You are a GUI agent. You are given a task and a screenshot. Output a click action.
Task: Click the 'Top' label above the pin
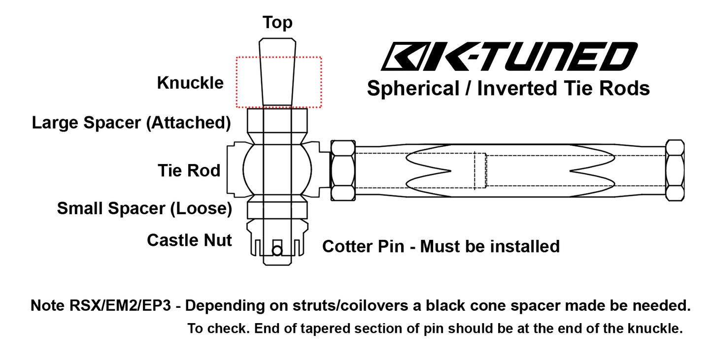(x=277, y=23)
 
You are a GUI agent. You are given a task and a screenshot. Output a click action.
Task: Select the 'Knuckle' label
(x=190, y=83)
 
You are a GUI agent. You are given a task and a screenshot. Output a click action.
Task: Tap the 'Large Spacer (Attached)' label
(x=132, y=123)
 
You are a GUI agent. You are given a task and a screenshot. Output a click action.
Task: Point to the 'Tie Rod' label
(x=189, y=171)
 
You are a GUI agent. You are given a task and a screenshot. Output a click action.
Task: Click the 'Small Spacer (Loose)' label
(x=144, y=208)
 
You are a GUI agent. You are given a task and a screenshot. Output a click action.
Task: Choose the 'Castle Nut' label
(x=189, y=240)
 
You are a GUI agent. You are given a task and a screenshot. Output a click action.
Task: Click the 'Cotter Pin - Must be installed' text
(x=441, y=246)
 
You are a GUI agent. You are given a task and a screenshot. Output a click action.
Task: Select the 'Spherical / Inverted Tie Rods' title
(x=508, y=89)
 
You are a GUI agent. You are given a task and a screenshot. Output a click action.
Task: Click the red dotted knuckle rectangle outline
(x=321, y=82)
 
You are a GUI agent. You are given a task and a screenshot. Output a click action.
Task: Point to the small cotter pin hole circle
(x=277, y=251)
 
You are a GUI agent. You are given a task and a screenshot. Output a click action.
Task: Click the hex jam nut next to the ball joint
(x=343, y=170)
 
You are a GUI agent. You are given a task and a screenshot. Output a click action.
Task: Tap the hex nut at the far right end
(x=674, y=170)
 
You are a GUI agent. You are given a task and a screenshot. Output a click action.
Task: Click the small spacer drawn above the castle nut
(x=277, y=209)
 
